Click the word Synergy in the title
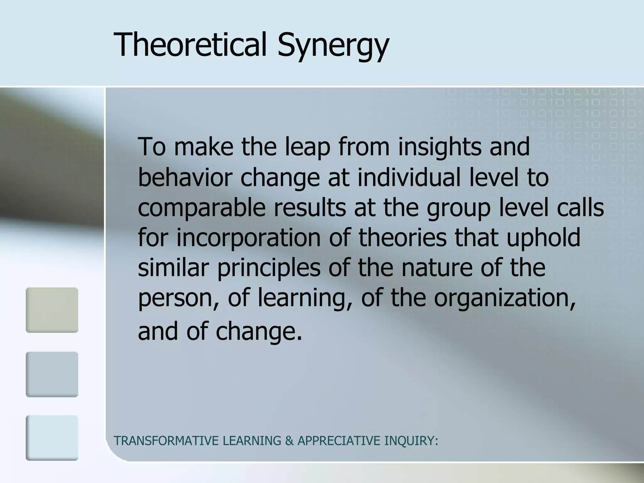coord(333,47)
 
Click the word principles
coord(269,268)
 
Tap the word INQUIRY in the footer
coord(411,441)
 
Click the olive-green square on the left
coord(52,310)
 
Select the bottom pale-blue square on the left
coord(52,438)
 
